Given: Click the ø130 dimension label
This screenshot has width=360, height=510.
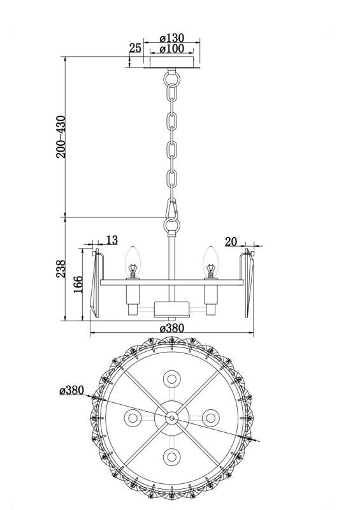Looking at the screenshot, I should (x=172, y=38).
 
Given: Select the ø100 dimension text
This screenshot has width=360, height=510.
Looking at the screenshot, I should (x=172, y=49).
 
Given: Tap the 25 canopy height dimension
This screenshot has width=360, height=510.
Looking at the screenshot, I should (x=134, y=48).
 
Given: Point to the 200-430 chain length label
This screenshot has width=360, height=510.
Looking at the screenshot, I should (x=61, y=136).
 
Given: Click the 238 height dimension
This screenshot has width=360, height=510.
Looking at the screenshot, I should (x=61, y=270).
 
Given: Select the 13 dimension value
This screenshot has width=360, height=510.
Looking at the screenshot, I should (x=112, y=240).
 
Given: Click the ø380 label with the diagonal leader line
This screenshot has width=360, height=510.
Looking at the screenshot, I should (x=71, y=390).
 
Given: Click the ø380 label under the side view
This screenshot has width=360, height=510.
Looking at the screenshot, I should (x=171, y=328).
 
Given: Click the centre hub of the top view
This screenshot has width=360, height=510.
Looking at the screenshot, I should (x=172, y=418).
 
